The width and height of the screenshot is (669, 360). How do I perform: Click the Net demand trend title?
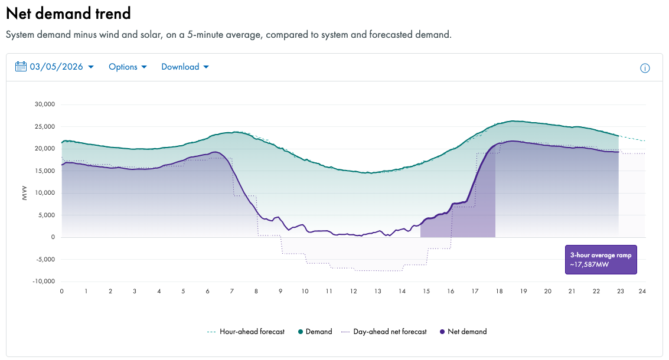click(x=68, y=12)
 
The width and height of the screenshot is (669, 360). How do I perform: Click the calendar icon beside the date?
click(x=21, y=67)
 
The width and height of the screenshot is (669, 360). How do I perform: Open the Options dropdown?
click(x=128, y=67)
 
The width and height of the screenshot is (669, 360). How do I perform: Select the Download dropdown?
click(x=185, y=67)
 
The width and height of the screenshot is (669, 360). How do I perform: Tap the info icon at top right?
click(x=645, y=68)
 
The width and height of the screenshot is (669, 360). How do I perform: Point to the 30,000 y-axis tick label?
click(x=45, y=104)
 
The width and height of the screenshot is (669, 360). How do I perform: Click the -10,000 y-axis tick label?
click(x=44, y=281)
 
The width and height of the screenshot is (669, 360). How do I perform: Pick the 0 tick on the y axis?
click(x=53, y=237)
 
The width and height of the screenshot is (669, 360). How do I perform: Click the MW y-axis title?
click(x=25, y=194)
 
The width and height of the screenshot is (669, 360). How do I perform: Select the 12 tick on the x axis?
click(x=353, y=291)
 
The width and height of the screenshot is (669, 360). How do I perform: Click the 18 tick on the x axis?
click(x=499, y=291)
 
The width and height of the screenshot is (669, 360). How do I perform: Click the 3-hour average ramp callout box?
click(x=601, y=260)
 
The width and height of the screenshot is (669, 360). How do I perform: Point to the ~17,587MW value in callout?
click(x=589, y=265)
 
